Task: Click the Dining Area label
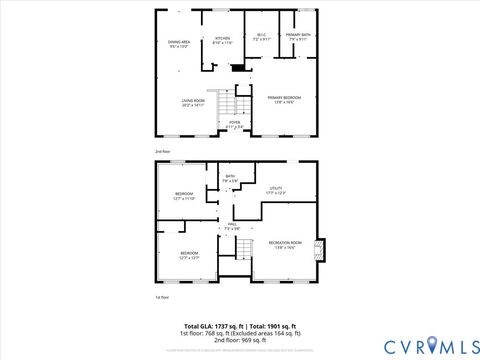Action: (180, 44)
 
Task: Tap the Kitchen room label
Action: (222, 41)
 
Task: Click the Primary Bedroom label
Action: (285, 99)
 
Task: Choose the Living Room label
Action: (193, 103)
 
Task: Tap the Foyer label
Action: (234, 126)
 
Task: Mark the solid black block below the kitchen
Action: (238, 70)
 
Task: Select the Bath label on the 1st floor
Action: (230, 178)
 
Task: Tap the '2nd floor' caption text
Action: (163, 151)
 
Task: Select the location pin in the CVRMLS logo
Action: (432, 346)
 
